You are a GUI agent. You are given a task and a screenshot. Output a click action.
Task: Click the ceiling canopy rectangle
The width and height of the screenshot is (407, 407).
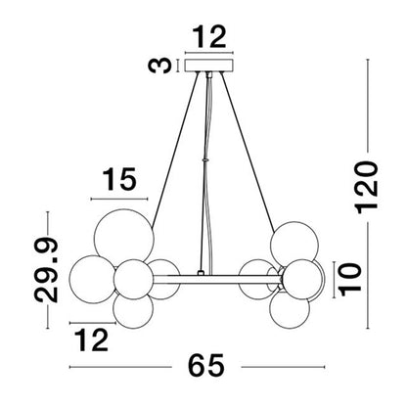[209, 65]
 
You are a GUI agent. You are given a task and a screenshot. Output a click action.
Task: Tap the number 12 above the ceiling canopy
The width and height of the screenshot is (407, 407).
[209, 38]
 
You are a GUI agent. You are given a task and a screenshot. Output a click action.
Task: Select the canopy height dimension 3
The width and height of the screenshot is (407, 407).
[159, 66]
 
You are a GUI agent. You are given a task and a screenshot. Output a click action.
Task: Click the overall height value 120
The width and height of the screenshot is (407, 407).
[368, 187]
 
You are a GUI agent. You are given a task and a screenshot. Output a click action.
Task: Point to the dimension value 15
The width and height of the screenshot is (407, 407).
[119, 179]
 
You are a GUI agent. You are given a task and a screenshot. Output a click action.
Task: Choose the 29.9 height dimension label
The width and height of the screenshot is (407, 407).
[46, 270]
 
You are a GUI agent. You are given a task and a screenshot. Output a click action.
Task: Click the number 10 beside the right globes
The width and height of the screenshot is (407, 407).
[350, 280]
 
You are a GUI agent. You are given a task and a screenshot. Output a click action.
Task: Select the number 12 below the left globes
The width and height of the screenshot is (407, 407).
[91, 339]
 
